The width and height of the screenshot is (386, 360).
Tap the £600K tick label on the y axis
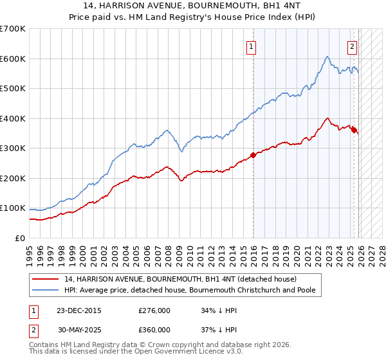tap(13, 59)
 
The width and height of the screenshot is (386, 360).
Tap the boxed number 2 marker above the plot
tap(353, 46)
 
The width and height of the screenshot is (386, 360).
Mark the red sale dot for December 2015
tap(253, 155)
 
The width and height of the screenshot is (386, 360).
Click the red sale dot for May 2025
tap(354, 130)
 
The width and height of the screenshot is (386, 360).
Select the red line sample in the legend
tap(46, 279)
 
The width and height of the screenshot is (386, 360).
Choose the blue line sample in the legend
tap(46, 291)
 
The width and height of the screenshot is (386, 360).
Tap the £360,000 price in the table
tap(154, 329)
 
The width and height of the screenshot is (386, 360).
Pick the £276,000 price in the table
tap(154, 310)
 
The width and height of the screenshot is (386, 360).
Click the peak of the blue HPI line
tap(327, 57)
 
